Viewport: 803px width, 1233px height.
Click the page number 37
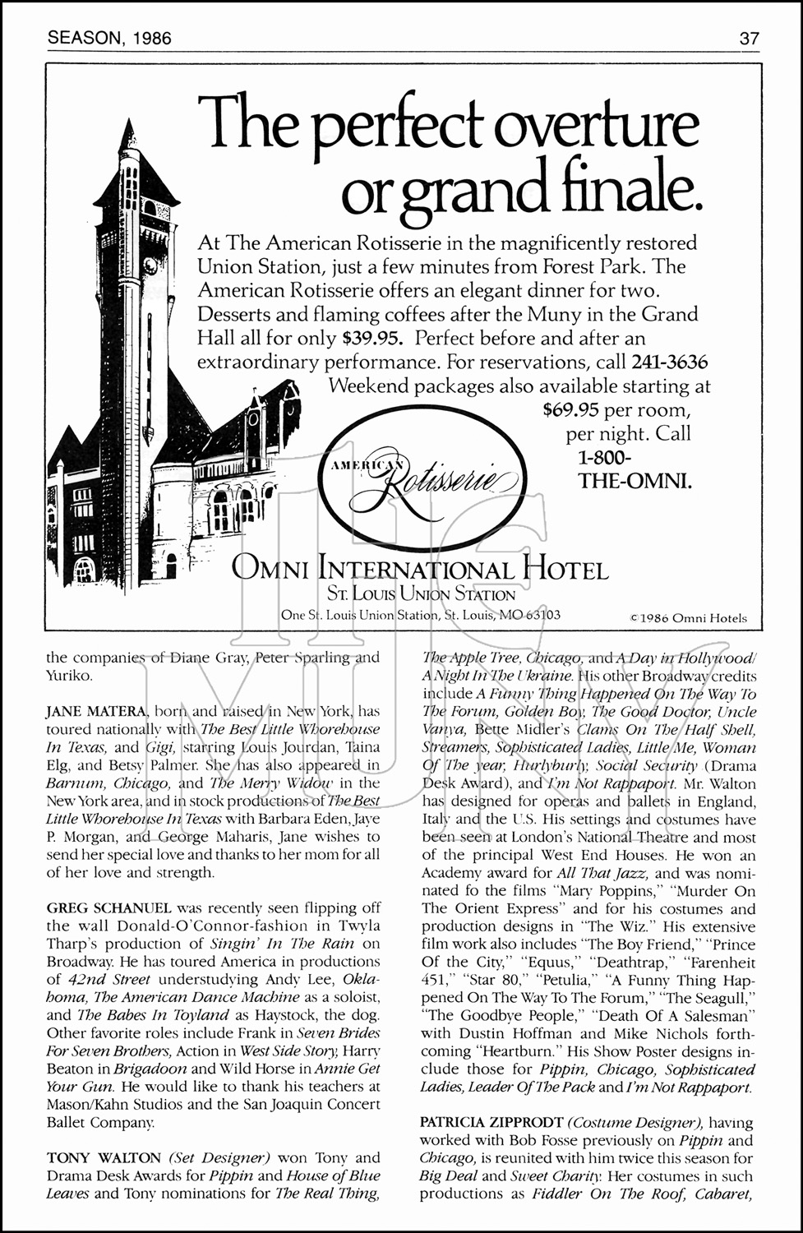[749, 38]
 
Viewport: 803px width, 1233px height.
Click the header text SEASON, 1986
[109, 38]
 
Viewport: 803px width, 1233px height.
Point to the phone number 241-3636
[669, 362]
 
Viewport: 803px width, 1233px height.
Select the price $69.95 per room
[616, 409]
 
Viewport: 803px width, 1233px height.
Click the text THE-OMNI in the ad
[635, 481]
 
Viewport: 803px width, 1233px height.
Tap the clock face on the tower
[150, 266]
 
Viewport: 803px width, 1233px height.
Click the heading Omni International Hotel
[420, 569]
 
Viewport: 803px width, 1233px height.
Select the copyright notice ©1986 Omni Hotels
[688, 618]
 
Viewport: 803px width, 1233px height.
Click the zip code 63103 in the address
[542, 614]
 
